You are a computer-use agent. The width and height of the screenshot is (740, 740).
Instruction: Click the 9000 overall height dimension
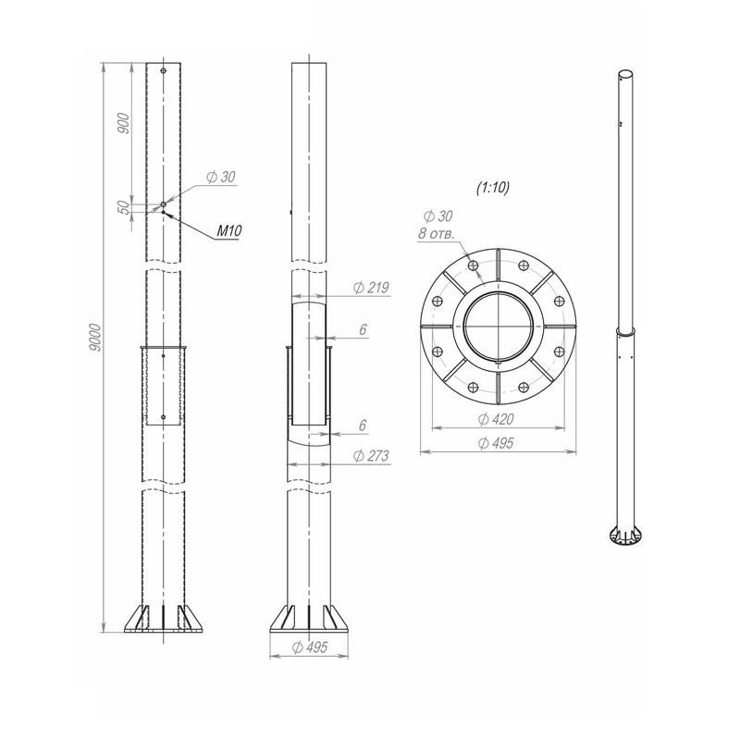point(96,338)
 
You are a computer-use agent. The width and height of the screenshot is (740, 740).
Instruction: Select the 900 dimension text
point(124,123)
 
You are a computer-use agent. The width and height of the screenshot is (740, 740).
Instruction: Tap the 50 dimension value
point(123,207)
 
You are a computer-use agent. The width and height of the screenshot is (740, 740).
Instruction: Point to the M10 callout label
point(228,230)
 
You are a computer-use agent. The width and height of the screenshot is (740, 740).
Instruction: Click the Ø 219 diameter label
point(371,288)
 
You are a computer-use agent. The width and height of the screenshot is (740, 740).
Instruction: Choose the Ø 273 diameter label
point(371,455)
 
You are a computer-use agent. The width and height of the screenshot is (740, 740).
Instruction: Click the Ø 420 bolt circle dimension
point(496,419)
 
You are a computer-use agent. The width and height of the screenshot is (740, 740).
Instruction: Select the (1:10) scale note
point(493,188)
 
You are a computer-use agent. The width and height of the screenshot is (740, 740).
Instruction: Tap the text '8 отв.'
point(436,233)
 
